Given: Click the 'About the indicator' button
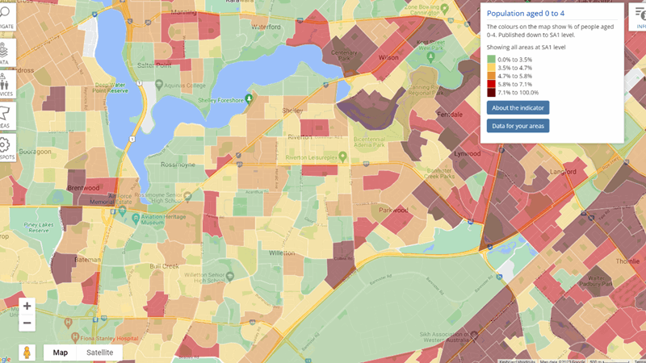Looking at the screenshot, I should coord(518,107).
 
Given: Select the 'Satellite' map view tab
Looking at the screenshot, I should coord(99,353).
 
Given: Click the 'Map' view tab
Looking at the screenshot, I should coord(60,353).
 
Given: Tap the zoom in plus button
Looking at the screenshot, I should coord(27,306).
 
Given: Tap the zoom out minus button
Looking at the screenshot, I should coord(27,323).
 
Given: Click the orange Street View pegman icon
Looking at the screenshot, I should coord(27,353).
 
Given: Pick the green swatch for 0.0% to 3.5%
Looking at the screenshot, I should coord(491,60).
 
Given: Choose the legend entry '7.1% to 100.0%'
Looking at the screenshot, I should coord(491,92).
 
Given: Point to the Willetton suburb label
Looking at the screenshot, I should coord(281,252).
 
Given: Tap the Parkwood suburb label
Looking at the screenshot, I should coord(393,210).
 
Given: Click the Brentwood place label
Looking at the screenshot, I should coord(83,188).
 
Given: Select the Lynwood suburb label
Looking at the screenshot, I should coord(468,152).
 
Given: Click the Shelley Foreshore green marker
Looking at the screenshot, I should coord(250,99).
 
